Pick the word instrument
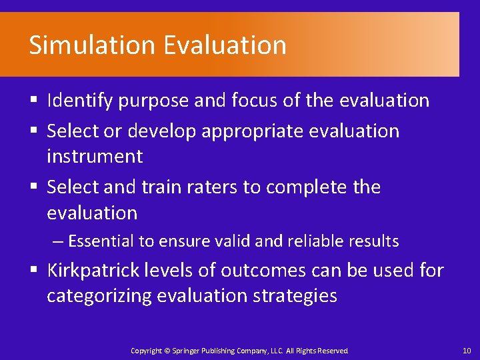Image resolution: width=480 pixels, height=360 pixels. coord(95,157)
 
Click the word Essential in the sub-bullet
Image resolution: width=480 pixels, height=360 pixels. coord(103,241)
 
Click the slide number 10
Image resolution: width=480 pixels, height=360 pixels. coord(465,351)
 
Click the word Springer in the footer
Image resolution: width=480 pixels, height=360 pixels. coord(185,351)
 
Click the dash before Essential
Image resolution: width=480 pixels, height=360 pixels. coord(59,241)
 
